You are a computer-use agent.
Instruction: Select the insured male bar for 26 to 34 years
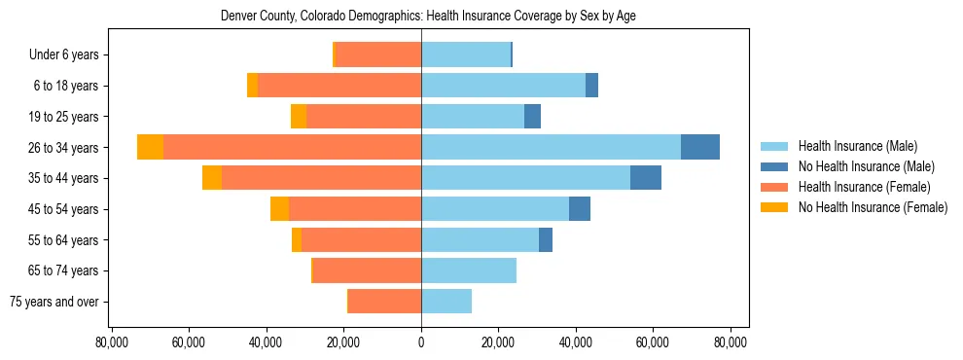point(551,147)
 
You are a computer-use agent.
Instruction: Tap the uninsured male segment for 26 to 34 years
point(700,147)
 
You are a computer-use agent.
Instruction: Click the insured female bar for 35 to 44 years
point(321,178)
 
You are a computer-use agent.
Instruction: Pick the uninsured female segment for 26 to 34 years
point(150,147)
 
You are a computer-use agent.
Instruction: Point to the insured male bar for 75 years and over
point(446,302)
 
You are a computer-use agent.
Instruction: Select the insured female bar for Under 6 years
point(378,54)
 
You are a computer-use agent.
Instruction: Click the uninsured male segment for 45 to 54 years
point(580,208)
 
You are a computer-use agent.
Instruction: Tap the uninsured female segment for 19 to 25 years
point(299,117)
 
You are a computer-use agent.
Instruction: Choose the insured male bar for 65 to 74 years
point(469,270)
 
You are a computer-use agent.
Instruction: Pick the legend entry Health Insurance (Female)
point(864,187)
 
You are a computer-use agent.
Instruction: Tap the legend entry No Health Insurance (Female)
point(873,207)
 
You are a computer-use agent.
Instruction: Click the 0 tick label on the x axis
point(421,342)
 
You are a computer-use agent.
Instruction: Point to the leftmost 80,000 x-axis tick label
point(112,342)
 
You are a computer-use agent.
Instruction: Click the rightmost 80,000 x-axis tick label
point(730,342)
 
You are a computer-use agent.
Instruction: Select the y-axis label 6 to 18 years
point(66,86)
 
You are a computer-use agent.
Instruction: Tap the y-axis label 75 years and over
point(53,302)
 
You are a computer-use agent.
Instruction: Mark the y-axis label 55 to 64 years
point(63,239)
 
